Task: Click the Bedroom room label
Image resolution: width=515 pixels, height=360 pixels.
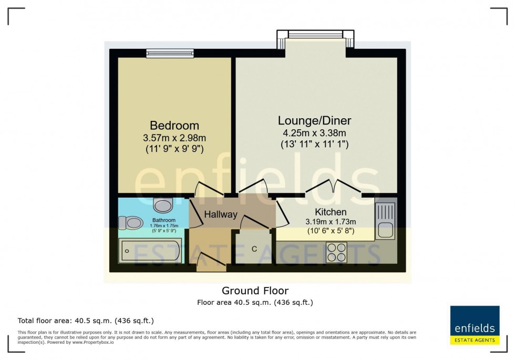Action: tap(174, 126)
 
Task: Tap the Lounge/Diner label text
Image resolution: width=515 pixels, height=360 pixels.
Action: tap(314, 120)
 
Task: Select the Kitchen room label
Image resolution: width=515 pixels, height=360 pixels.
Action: tap(331, 212)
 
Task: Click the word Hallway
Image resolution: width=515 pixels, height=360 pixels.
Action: tap(221, 214)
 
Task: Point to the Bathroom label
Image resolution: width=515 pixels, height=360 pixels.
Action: tap(163, 220)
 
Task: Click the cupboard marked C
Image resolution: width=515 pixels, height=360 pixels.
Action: tap(254, 248)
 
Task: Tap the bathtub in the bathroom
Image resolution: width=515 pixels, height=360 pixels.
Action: tap(150, 251)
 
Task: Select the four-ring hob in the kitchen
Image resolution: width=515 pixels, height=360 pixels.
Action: tap(336, 251)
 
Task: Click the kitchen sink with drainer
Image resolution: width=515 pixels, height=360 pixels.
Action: tap(386, 221)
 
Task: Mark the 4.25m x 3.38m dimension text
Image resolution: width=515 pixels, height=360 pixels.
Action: tap(314, 133)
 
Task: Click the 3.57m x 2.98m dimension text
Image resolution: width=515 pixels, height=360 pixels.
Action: tap(174, 138)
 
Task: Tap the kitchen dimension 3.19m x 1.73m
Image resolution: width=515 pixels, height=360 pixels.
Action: tap(331, 221)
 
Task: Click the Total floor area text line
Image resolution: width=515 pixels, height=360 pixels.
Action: tap(86, 321)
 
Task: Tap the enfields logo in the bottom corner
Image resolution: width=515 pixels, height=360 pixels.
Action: tap(475, 325)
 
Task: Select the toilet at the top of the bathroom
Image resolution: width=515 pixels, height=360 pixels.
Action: tap(163, 204)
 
